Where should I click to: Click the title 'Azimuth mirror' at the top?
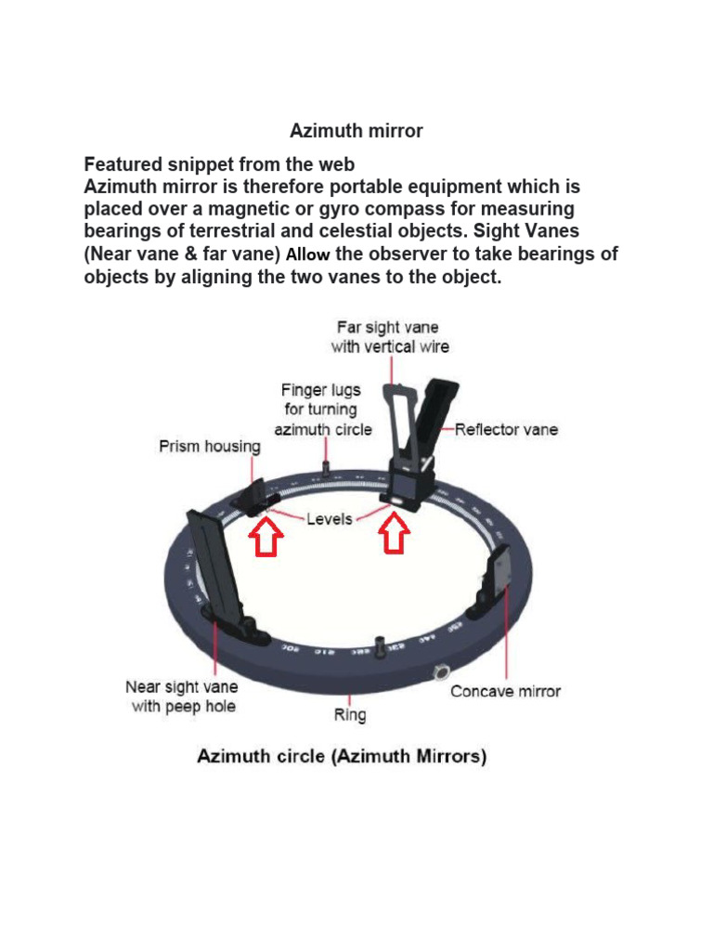click(356, 131)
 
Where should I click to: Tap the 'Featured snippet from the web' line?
click(219, 164)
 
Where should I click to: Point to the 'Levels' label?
click(330, 519)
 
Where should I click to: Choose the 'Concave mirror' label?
click(505, 691)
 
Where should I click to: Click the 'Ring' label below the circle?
click(350, 715)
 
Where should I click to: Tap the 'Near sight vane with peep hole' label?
click(181, 697)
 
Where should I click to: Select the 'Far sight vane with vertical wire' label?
click(390, 337)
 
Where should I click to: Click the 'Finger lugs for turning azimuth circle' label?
click(322, 410)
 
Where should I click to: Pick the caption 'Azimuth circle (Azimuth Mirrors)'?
click(342, 757)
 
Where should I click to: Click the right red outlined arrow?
click(395, 536)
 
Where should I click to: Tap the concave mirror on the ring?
click(496, 580)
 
